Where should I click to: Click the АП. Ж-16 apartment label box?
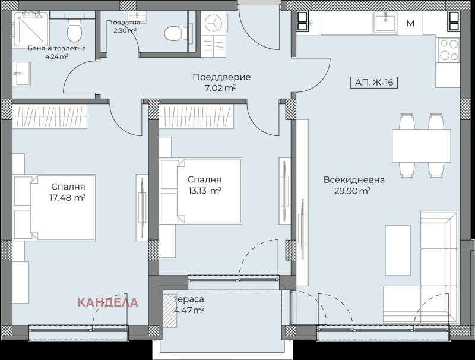374,83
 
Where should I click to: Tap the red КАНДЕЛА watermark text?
107,302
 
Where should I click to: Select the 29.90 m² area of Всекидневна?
352,191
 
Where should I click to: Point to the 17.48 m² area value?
67,198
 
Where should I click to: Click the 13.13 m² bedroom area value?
204,191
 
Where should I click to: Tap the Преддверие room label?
221,77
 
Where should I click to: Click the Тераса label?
188,299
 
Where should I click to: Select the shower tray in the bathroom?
31,29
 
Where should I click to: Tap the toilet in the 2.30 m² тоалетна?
176,33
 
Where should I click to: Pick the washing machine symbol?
214,23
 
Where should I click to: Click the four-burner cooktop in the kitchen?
448,50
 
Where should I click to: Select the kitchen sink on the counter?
385,22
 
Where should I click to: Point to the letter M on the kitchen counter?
410,23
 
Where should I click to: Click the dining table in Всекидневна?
422,146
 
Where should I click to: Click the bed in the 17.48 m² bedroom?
55,207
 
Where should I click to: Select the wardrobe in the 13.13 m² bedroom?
197,116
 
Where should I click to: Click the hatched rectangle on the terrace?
170,311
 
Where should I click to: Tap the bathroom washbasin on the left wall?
21,73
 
